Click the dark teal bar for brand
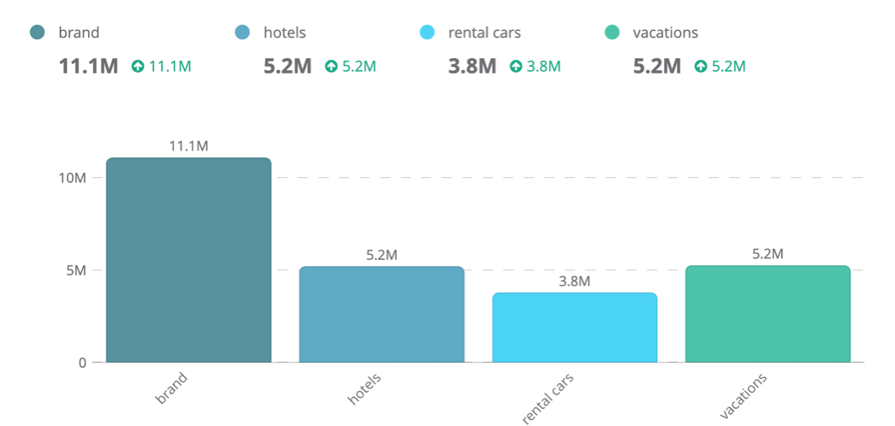pos(188,260)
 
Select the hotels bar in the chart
pos(382,314)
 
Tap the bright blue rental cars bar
pos(574,328)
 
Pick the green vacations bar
pos(768,314)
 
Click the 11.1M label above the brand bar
pos(188,146)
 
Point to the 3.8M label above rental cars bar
pos(574,281)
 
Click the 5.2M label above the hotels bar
pos(382,255)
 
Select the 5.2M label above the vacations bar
pos(768,254)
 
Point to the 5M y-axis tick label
pos(75,270)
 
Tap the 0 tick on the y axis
pos(83,363)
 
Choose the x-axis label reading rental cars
pos(548,398)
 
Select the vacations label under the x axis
pos(743,396)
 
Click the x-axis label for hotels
pos(364,389)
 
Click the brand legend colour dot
pos(37,33)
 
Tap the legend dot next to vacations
pos(611,33)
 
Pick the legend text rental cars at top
pos(484,33)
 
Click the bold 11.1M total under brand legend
pos(88,66)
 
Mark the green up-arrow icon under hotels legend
pos(331,66)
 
